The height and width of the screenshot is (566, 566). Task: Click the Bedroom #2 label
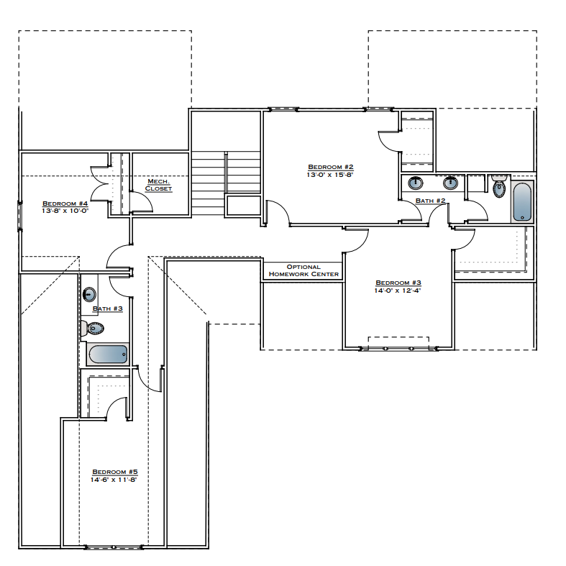[330, 166]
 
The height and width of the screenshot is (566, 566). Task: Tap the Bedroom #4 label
[65, 203]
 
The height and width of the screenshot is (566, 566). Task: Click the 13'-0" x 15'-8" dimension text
[330, 175]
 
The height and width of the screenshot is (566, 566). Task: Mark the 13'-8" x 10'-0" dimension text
[65, 211]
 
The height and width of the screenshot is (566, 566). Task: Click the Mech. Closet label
[158, 185]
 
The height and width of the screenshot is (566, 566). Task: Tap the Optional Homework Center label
[303, 270]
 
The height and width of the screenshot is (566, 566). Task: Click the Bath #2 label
[430, 201]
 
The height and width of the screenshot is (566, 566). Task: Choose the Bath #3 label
[108, 309]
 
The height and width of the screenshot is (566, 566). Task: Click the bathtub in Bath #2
[522, 202]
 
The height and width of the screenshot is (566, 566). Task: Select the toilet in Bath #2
[498, 188]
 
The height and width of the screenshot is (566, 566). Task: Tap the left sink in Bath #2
[416, 182]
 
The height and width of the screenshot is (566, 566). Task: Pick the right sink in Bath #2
[451, 182]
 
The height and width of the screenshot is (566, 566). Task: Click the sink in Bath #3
[89, 293]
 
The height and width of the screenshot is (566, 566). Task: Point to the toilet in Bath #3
[93, 329]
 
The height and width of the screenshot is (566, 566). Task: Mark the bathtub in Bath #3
[107, 354]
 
